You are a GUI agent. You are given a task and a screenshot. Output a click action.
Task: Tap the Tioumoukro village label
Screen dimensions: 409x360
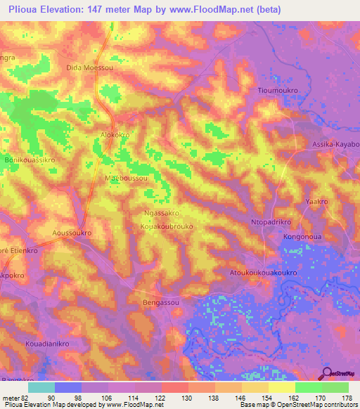click(281, 91)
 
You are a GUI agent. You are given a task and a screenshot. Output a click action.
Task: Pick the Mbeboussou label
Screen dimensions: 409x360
click(126, 179)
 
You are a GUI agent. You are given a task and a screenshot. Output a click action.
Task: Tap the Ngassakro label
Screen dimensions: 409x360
click(162, 212)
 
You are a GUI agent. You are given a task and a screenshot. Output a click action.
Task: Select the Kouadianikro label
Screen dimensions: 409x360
click(47, 345)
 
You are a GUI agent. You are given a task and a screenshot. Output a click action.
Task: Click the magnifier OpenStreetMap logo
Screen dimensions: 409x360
click(327, 373)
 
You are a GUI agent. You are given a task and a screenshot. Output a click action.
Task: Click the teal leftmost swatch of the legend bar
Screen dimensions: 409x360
click(41, 387)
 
